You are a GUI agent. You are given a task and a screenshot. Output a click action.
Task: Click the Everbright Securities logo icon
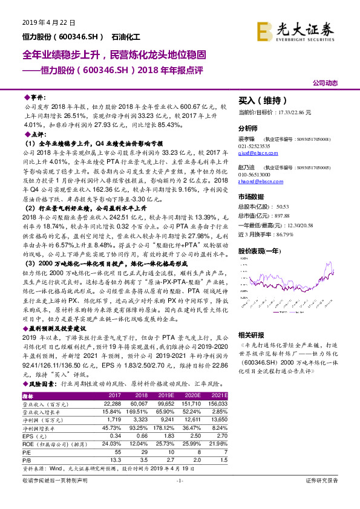tap(264, 31)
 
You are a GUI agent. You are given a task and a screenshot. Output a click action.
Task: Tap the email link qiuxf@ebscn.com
tap(255, 153)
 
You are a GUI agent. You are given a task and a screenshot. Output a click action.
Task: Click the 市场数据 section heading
tap(252, 196)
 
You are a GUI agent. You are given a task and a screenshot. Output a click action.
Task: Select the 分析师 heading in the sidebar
tap(248, 129)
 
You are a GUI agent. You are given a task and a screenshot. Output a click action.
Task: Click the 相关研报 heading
tap(251, 334)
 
